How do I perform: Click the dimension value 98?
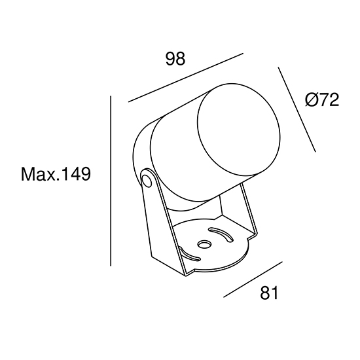coord(175,59)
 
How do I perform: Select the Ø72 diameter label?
coord(322,100)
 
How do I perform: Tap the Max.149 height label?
coord(56,174)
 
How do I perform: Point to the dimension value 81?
coord(269,293)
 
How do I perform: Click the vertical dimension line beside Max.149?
coord(111,181)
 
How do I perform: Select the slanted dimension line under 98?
coord(186,78)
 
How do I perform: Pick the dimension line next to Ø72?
coord(297,109)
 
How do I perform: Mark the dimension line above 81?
coord(253,279)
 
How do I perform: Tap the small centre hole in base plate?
coord(204,244)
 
